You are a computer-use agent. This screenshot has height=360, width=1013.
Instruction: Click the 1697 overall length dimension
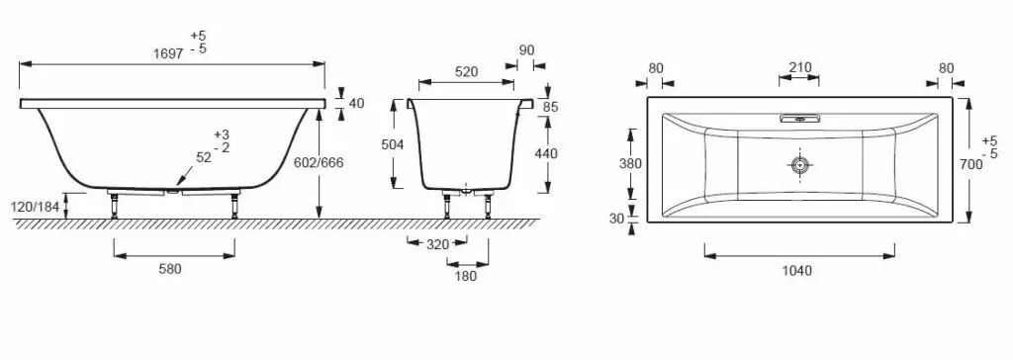(x=168, y=54)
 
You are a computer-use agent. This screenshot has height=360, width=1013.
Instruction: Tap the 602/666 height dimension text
(x=319, y=163)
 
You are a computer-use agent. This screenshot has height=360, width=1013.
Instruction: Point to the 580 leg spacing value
(x=170, y=270)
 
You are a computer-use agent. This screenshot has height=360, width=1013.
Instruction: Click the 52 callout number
(x=204, y=157)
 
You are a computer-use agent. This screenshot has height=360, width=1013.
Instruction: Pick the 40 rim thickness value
(x=355, y=104)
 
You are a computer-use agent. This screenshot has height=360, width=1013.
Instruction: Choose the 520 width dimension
(x=467, y=72)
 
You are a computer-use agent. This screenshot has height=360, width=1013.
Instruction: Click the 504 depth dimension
(x=393, y=144)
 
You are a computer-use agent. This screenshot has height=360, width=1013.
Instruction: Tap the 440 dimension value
(x=546, y=154)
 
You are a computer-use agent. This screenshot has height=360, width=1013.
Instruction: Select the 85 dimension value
(x=550, y=107)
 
